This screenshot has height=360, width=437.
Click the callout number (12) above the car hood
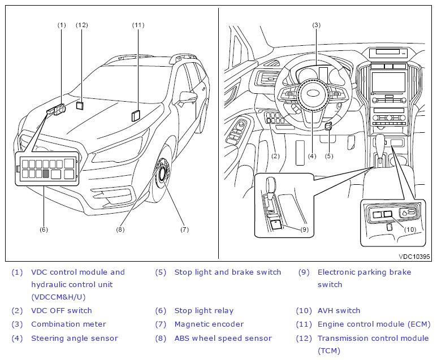(x=82, y=25)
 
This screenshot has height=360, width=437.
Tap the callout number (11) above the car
(x=139, y=25)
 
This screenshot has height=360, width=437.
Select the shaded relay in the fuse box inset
(x=46, y=174)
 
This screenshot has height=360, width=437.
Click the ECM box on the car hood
(x=136, y=116)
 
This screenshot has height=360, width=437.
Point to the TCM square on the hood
(x=80, y=105)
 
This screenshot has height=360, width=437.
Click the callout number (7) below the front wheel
(x=184, y=229)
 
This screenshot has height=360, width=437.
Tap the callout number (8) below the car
(x=120, y=229)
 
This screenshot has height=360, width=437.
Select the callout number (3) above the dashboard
(x=317, y=25)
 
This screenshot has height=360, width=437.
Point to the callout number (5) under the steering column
(x=329, y=156)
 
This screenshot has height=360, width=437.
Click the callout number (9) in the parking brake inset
(x=304, y=229)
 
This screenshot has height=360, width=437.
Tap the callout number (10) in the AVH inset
(x=410, y=229)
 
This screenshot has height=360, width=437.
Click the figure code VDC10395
(x=414, y=257)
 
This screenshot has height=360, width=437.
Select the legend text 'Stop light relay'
(x=204, y=310)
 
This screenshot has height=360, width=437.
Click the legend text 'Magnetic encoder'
(x=209, y=324)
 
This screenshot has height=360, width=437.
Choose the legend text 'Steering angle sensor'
(x=75, y=338)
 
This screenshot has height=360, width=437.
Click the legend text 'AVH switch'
(x=339, y=310)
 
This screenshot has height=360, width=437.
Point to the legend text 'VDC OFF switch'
(x=62, y=310)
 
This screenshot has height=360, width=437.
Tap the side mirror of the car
(x=188, y=98)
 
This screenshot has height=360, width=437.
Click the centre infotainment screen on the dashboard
(x=388, y=82)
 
